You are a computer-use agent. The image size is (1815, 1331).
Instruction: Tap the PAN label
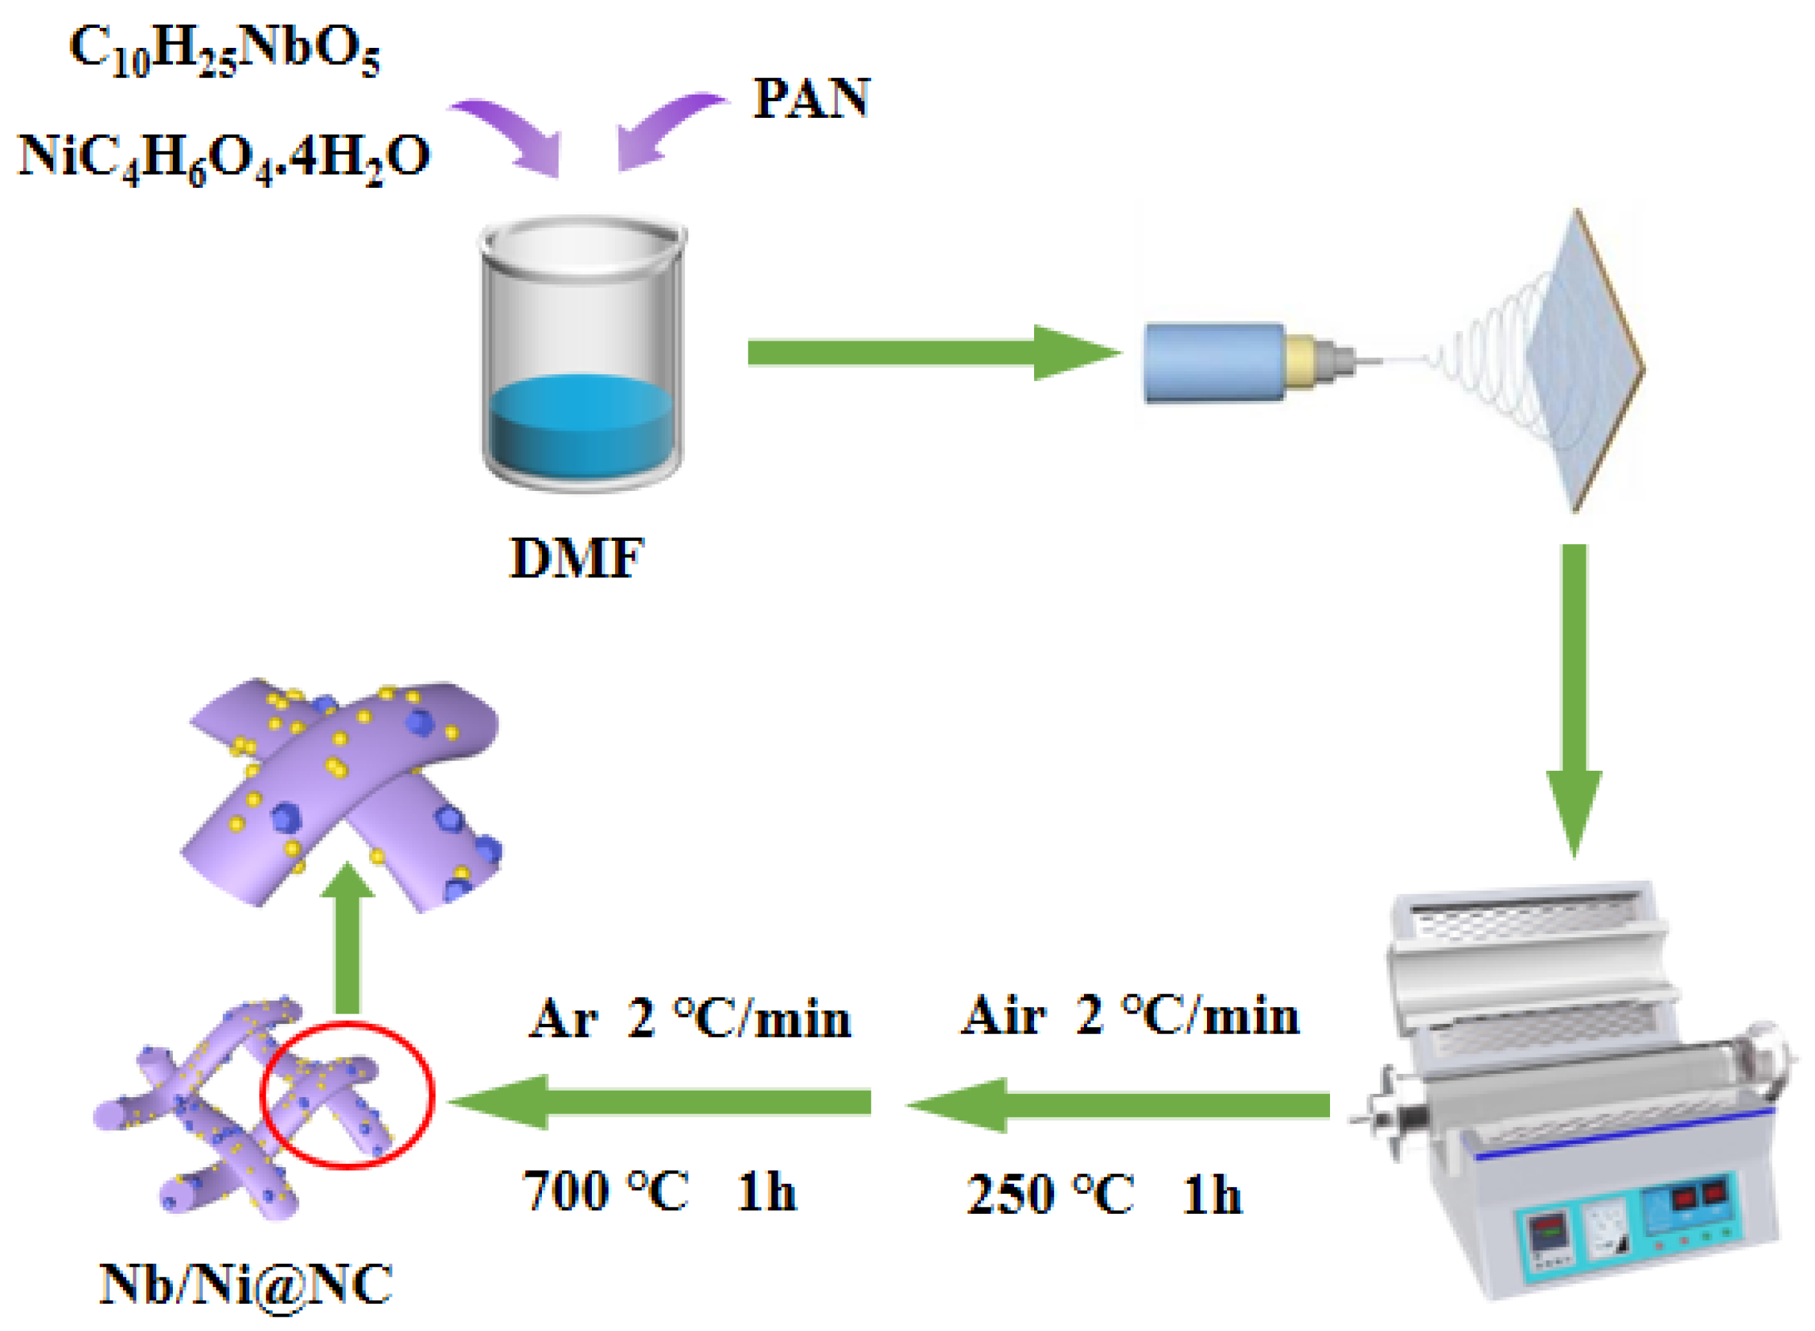point(811,100)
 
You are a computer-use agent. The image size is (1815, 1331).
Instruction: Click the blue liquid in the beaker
point(581,427)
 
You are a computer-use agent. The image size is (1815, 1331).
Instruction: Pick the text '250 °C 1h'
point(1103,1194)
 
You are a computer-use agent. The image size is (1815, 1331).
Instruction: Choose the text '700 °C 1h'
point(659,1191)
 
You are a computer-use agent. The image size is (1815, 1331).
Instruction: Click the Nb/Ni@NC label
point(245,1284)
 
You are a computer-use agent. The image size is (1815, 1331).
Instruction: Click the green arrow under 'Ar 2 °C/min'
point(660,1101)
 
